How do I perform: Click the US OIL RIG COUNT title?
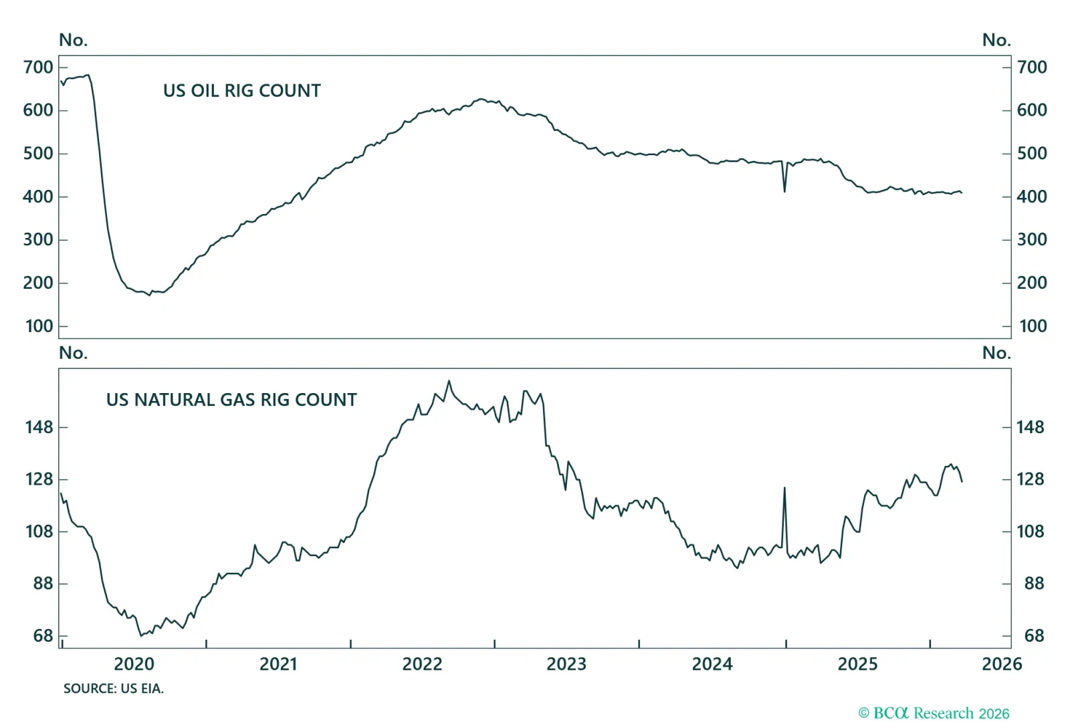click(241, 91)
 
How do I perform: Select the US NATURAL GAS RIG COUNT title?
click(231, 400)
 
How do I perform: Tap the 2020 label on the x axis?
click(134, 664)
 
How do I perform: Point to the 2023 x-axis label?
click(566, 664)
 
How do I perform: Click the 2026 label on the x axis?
click(1001, 664)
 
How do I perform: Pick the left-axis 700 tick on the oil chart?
click(38, 68)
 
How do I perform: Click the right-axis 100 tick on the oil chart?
click(1033, 326)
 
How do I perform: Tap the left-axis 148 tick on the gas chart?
click(39, 427)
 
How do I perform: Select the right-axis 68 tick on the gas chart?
click(1034, 636)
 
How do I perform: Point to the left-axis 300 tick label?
click(38, 240)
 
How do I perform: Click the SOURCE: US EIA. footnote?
click(113, 689)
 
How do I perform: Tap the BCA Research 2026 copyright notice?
click(934, 713)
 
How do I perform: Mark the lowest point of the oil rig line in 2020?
click(149, 295)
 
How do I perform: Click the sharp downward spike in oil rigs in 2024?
click(784, 192)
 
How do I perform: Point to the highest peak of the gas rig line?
click(449, 381)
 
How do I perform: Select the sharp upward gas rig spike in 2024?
click(784, 488)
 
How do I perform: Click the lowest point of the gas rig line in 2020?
click(141, 636)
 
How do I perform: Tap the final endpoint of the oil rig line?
click(962, 193)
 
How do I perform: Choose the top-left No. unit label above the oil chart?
click(73, 40)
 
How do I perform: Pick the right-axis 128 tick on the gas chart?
click(1030, 479)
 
